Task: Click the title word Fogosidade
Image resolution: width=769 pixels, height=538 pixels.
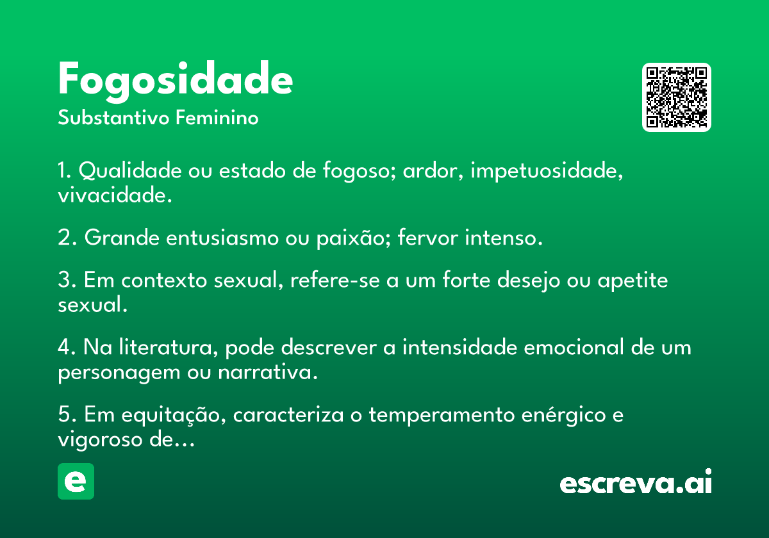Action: click(176, 81)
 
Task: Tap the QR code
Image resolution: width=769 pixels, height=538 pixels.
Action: click(676, 97)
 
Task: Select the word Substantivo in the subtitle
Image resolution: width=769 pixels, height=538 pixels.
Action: click(113, 117)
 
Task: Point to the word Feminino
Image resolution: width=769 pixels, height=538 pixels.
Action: click(217, 117)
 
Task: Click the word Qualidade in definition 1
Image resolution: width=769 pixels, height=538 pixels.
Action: click(130, 170)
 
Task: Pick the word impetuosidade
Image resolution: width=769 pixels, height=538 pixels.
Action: click(547, 171)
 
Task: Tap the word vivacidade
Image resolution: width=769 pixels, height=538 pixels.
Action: click(115, 195)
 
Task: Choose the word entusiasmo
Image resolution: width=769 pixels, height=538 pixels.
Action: click(222, 238)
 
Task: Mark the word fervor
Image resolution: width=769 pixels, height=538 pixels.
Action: click(428, 237)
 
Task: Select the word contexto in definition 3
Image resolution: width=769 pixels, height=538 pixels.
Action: click(164, 280)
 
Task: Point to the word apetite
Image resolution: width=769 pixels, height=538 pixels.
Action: click(633, 281)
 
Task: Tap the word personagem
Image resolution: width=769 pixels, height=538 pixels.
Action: click(119, 373)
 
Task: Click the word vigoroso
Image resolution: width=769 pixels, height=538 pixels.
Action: click(100, 440)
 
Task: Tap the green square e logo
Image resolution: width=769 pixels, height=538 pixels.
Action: click(76, 481)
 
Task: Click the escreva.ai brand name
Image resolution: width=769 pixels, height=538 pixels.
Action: click(636, 482)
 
